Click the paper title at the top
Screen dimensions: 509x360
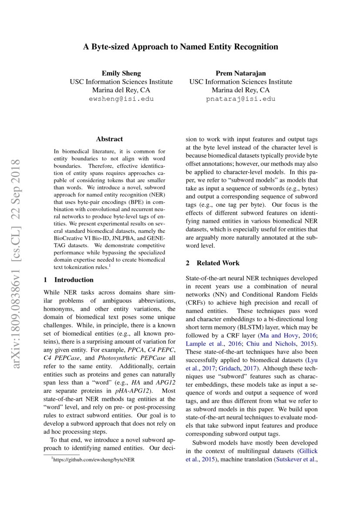click(180, 47)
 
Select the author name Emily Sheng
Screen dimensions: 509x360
click(121, 73)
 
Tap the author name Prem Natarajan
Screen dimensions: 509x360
click(240, 73)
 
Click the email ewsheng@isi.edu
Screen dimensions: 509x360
click(121, 99)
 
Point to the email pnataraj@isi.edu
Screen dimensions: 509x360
click(240, 99)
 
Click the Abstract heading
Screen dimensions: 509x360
click(109, 139)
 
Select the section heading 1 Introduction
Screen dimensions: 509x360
click(69, 280)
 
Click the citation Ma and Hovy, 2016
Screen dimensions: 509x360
click(283, 335)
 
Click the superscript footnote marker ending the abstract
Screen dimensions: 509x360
click(110, 265)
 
